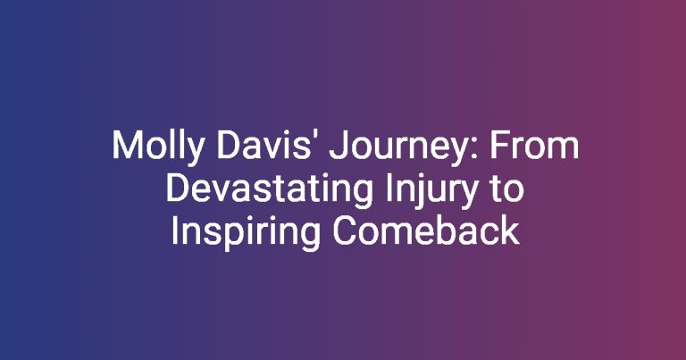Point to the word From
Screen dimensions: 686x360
point(534,146)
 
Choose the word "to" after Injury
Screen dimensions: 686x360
point(506,190)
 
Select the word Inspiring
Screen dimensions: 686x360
point(246,233)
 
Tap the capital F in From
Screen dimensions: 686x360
point(498,146)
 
